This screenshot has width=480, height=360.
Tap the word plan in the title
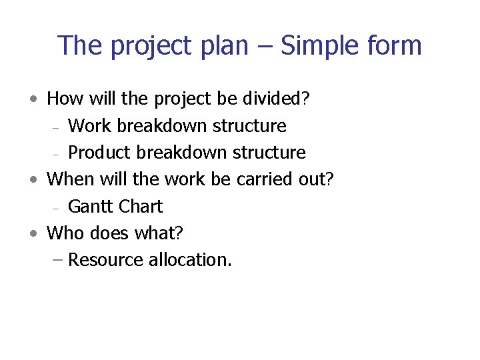click(232, 46)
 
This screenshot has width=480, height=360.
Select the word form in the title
click(395, 46)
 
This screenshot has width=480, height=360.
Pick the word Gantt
click(91, 207)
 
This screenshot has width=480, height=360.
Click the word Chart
click(141, 207)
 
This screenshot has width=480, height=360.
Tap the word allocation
click(190, 260)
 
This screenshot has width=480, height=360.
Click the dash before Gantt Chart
click(57, 208)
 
